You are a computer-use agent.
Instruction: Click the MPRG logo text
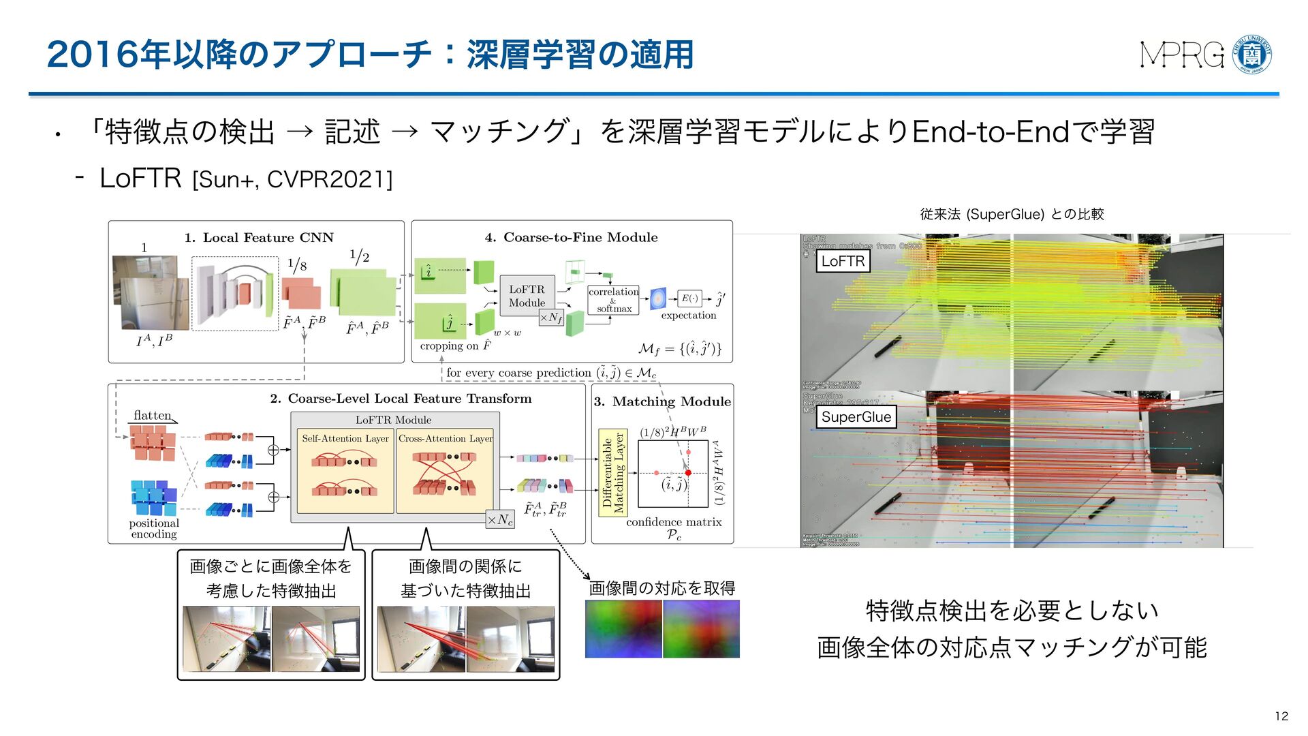tap(1182, 55)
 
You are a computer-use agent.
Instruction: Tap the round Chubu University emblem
tap(1252, 55)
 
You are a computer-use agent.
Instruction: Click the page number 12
tap(1281, 716)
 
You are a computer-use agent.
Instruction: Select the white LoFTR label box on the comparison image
tap(843, 261)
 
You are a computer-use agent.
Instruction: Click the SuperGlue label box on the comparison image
tap(856, 417)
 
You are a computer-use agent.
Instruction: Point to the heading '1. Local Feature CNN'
tap(259, 238)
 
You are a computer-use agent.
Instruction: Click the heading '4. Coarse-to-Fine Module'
tap(571, 237)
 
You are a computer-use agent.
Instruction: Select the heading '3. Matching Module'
tap(662, 401)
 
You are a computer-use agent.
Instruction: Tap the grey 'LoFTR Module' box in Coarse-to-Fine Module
tap(527, 296)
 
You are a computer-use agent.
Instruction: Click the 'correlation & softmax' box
tap(613, 300)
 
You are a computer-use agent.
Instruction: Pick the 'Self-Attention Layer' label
tap(345, 439)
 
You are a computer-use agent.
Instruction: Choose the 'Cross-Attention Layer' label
tap(446, 439)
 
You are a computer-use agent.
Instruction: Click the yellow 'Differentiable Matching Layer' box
tap(612, 472)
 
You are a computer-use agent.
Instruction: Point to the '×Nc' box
tap(500, 519)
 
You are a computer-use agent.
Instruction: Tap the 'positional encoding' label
tap(154, 528)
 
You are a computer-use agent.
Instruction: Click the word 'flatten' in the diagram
tap(153, 415)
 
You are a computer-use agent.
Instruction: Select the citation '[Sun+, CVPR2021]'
tap(292, 180)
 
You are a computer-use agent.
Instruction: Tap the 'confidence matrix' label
tap(674, 522)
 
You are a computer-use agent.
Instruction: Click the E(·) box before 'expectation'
tap(689, 298)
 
